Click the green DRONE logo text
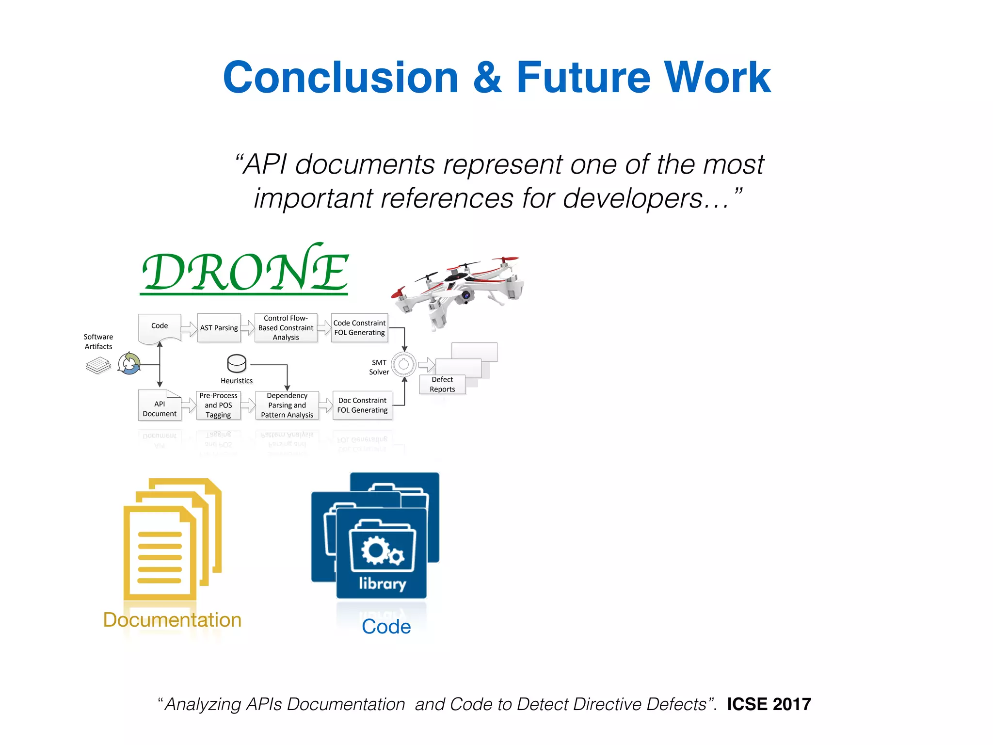[x=245, y=271]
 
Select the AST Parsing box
[x=219, y=328]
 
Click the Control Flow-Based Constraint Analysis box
[x=286, y=328]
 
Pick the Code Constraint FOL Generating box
[x=359, y=328]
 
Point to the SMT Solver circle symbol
[x=403, y=364]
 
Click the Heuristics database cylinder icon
[x=237, y=363]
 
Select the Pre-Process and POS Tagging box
[x=218, y=405]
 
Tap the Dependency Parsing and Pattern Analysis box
[x=287, y=405]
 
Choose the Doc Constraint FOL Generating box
[x=362, y=405]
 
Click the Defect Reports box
[x=442, y=385]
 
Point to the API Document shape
[x=160, y=406]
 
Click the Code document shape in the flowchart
[x=160, y=327]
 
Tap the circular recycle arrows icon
[x=129, y=363]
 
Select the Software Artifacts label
[x=98, y=341]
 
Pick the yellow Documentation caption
[x=172, y=620]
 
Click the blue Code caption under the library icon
[x=386, y=627]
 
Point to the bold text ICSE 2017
[x=769, y=704]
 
